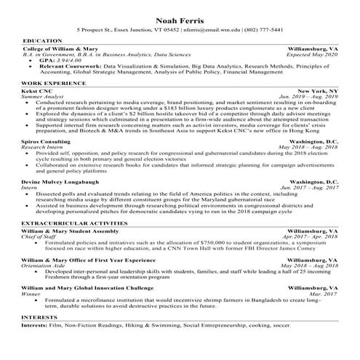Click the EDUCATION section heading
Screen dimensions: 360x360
[x=42, y=41]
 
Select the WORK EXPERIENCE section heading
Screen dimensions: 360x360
[x=52, y=82]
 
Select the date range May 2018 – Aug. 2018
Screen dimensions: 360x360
[x=309, y=148]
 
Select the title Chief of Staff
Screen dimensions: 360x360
[x=39, y=236]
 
